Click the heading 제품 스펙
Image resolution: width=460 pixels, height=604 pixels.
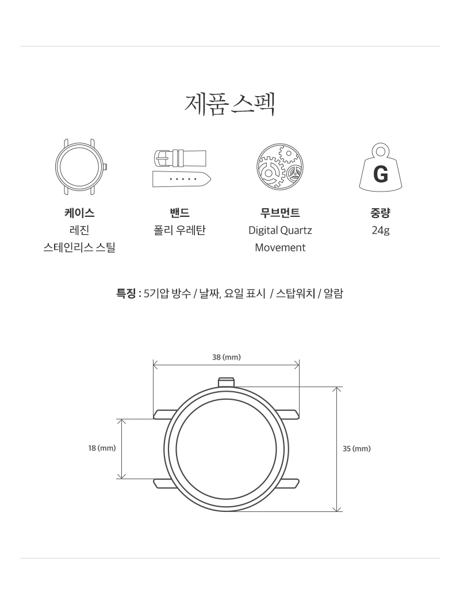[229, 104]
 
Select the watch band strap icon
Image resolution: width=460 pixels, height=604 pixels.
[182, 168]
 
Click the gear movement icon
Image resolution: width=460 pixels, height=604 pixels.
[280, 167]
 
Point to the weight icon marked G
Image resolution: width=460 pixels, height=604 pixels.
[380, 167]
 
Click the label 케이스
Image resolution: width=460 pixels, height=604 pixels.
[79, 213]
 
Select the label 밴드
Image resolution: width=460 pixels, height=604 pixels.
[180, 213]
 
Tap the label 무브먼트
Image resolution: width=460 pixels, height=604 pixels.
[280, 213]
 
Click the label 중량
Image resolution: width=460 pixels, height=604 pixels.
[380, 213]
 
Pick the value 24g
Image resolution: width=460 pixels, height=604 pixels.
[380, 230]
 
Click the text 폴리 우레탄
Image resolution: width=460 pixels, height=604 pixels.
[180, 230]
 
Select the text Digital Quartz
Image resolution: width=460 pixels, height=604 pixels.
[280, 230]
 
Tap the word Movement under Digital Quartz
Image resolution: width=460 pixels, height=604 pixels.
[280, 247]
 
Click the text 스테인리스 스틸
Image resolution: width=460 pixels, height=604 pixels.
[79, 247]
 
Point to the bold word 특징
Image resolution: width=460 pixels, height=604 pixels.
[126, 293]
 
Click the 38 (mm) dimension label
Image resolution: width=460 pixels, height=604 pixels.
[227, 357]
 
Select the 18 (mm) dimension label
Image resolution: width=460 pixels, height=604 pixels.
[102, 448]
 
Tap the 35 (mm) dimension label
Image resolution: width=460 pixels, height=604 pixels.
[356, 448]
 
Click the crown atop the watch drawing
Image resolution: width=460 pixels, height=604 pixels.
[227, 382]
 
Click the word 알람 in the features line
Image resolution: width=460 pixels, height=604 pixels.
[333, 293]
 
